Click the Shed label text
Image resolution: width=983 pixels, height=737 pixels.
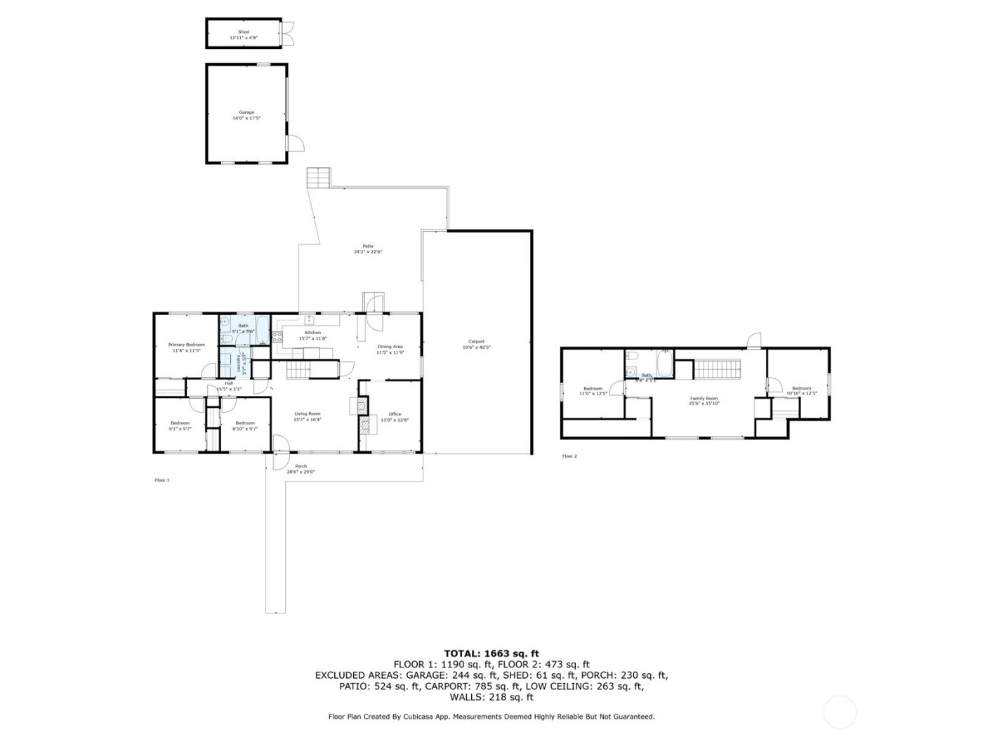244,32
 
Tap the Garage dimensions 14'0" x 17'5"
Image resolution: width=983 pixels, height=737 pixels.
246,119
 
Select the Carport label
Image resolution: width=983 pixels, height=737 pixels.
477,342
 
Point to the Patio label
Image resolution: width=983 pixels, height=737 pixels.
367,246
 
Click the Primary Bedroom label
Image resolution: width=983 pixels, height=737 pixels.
186,345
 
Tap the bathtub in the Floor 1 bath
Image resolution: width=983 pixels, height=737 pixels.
260,330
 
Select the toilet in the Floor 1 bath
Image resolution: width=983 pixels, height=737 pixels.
224,325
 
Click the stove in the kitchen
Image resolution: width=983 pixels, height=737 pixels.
277,336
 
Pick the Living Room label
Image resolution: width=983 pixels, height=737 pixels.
307,414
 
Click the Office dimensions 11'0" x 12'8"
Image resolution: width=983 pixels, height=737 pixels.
394,420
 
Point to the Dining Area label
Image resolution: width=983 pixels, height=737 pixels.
390,347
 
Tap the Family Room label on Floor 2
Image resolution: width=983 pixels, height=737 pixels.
703,399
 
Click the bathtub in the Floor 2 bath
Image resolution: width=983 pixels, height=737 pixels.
664,364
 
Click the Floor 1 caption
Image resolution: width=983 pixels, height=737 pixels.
162,481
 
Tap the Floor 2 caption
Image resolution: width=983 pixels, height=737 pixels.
569,456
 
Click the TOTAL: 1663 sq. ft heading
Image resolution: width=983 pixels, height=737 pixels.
491,653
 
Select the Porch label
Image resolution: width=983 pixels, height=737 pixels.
301,467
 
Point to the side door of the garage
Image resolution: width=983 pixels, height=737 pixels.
296,142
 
